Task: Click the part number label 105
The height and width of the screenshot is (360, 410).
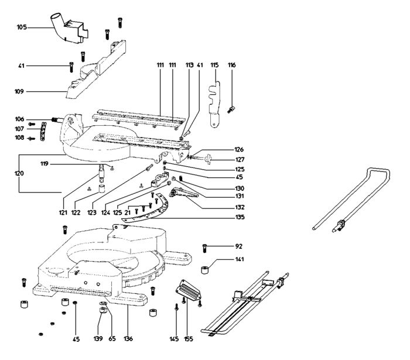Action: tap(22, 27)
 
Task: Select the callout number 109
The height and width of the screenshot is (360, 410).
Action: tap(19, 91)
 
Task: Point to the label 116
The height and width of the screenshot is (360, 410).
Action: tap(232, 65)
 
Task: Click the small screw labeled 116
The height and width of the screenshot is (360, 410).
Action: tap(231, 109)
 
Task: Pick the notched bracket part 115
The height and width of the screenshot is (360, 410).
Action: tap(215, 104)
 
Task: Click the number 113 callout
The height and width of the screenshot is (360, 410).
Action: tap(190, 65)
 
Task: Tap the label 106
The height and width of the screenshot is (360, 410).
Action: tap(19, 119)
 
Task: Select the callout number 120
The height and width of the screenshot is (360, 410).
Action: tap(19, 173)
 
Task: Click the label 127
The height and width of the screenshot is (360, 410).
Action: tap(240, 160)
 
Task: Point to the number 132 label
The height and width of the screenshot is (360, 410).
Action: tap(240, 207)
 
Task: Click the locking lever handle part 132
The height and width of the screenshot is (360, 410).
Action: tap(183, 193)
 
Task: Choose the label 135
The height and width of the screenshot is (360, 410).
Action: tap(240, 217)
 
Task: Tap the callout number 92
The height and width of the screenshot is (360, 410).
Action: tap(239, 246)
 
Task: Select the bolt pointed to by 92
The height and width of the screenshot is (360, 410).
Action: tap(205, 248)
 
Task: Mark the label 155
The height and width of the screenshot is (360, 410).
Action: tap(189, 339)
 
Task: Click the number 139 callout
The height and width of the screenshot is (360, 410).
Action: tap(98, 339)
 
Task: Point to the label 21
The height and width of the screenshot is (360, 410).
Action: tap(127, 212)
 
